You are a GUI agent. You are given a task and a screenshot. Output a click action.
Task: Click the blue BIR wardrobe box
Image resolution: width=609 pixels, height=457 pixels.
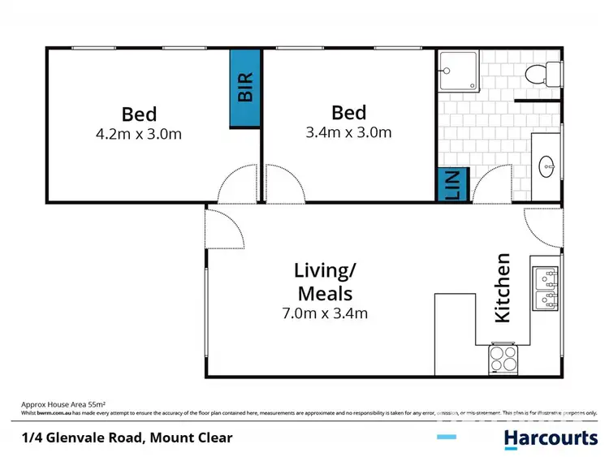(244, 88)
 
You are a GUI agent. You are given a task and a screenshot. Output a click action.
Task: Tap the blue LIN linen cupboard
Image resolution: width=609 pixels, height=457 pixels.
(451, 185)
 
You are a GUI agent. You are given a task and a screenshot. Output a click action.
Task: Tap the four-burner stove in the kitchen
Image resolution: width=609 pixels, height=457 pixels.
(502, 359)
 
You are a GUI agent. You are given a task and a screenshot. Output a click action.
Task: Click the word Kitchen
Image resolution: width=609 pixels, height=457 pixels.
(503, 288)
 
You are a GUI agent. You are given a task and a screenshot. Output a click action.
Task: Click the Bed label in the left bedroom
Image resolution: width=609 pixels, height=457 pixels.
(139, 114)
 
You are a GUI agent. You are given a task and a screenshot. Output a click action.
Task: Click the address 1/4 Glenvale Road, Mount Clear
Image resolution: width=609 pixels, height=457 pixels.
(127, 438)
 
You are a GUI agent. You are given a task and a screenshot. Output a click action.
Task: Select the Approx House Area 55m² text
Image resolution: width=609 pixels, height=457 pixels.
(63, 403)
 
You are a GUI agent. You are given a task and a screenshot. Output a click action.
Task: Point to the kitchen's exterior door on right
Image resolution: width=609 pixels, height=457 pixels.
(542, 229)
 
